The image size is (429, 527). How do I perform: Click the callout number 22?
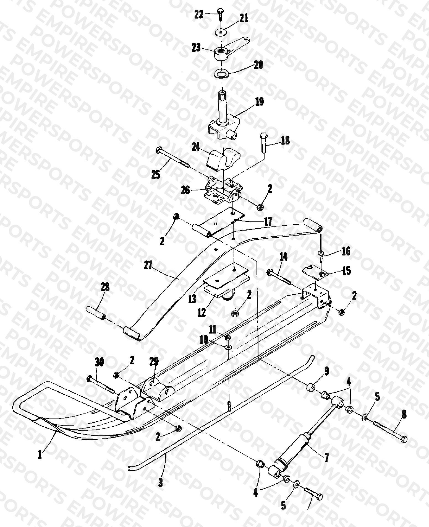[198, 14]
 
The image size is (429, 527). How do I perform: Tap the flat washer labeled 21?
[221, 32]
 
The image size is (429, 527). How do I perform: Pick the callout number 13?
[192, 299]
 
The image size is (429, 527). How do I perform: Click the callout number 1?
[40, 454]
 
